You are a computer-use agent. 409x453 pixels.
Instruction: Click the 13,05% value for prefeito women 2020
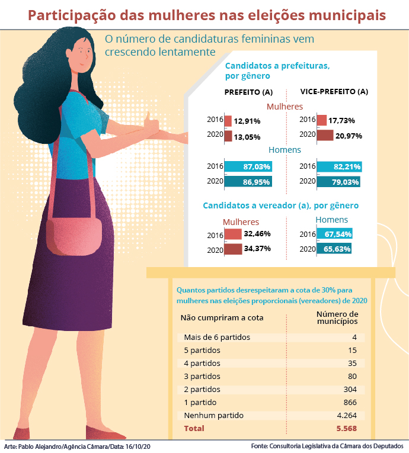[x=247, y=137]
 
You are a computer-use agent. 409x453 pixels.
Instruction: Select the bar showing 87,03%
[x=247, y=168]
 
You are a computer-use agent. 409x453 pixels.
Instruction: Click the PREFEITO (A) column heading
[x=248, y=92]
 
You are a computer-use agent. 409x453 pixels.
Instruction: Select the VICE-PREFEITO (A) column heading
[x=334, y=92]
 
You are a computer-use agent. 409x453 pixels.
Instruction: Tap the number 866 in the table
[x=350, y=402]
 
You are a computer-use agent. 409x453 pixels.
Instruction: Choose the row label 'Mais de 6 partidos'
[x=217, y=337]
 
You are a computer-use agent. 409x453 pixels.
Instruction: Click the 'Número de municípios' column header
[x=337, y=318]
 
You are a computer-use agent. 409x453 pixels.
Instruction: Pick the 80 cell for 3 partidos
[x=352, y=376]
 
